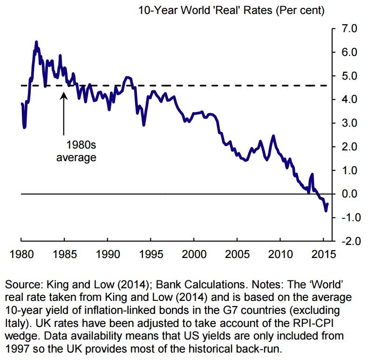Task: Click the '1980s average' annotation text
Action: pos(76,151)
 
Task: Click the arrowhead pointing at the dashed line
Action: pos(64,94)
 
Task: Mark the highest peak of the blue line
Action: pos(36,42)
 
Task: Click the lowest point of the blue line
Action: pos(326,211)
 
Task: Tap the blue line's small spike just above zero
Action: pos(312,175)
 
